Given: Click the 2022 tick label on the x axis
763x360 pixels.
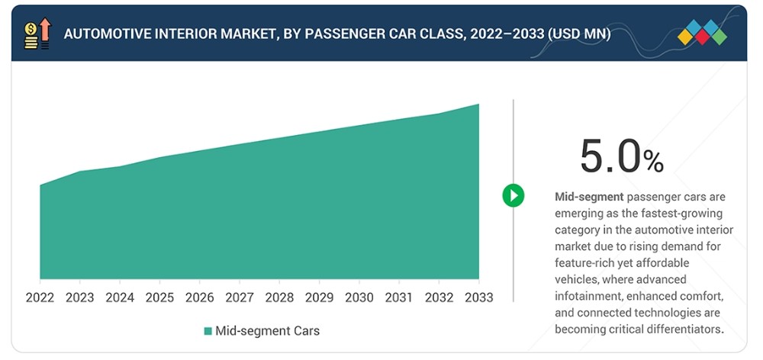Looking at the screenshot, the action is [x=40, y=297].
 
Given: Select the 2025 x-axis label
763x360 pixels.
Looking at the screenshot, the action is [x=159, y=297].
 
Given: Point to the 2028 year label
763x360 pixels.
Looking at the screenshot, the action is [x=279, y=297].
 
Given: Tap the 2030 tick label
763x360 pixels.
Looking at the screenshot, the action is [x=359, y=297].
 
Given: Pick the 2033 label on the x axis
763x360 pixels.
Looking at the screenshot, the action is [x=479, y=297].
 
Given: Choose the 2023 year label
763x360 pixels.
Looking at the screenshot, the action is [x=80, y=297].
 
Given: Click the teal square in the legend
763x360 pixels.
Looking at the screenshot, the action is [x=208, y=331].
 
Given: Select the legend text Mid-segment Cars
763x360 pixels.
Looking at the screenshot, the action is [x=268, y=331].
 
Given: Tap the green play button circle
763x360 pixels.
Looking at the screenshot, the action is [x=513, y=195].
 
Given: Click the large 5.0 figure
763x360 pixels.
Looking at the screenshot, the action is [x=610, y=156].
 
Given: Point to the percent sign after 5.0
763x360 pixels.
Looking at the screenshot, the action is [x=654, y=162].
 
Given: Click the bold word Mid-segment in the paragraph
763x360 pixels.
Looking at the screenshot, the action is [x=589, y=197].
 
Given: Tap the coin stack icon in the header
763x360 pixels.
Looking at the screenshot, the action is [x=31, y=37].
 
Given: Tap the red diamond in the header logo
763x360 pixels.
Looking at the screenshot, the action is [x=702, y=37].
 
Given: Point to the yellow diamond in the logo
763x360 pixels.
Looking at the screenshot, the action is [x=685, y=37].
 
